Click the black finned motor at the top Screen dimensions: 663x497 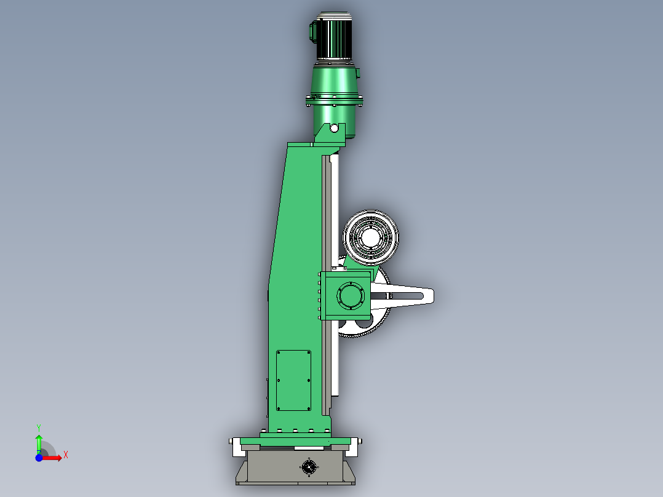pos(334,36)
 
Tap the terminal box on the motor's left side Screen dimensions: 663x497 pos(313,31)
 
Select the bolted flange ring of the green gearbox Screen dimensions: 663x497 pos(334,101)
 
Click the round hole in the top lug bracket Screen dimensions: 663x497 pos(334,128)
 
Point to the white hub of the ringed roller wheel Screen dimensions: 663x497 pos(370,236)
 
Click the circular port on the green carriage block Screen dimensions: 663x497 pos(351,295)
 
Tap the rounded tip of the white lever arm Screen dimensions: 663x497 pos(430,295)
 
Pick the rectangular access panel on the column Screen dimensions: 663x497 pos(293,380)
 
